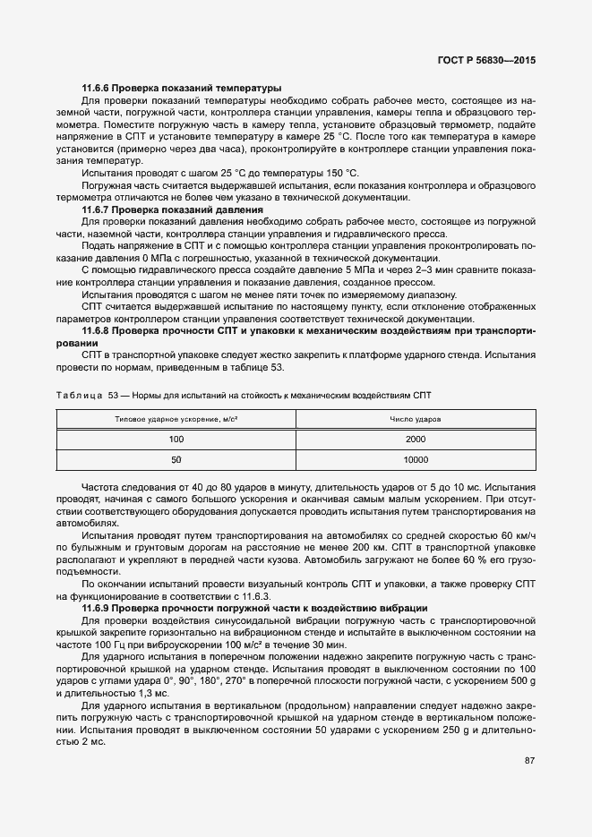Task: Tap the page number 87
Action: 529,761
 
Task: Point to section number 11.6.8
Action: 99,331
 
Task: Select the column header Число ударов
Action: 416,419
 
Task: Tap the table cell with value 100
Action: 176,439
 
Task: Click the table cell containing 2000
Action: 416,439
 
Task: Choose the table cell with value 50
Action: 176,459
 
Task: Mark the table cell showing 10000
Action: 416,459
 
